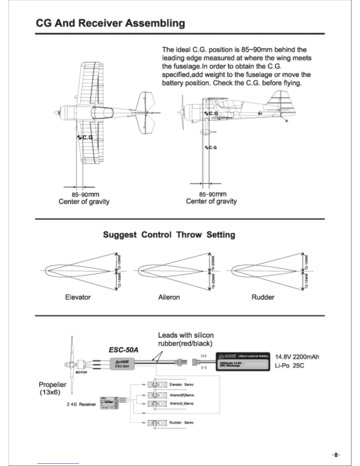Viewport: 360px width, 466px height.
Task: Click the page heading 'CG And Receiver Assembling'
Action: (x=110, y=23)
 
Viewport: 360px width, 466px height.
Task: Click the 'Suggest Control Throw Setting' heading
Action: (x=169, y=235)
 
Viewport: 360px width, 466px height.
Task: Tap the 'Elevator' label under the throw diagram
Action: (x=78, y=297)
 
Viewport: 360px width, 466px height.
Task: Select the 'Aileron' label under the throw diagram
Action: (x=169, y=297)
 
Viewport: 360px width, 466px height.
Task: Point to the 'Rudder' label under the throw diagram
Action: (x=263, y=297)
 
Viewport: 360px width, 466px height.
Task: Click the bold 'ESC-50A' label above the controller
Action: (x=123, y=350)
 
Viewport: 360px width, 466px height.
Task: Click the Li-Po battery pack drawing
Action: (x=243, y=362)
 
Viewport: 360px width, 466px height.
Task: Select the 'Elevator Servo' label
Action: (x=181, y=385)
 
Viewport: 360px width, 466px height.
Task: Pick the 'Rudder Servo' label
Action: (x=181, y=422)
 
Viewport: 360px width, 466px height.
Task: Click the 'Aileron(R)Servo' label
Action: (x=182, y=395)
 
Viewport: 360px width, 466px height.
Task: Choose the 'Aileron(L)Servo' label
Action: (x=181, y=403)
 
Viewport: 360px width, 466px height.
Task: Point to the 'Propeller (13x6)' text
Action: (x=52, y=388)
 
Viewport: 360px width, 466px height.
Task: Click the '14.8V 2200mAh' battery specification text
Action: (x=297, y=357)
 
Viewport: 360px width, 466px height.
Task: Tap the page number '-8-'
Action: (x=336, y=455)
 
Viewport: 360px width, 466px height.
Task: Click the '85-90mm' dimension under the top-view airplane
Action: (x=85, y=194)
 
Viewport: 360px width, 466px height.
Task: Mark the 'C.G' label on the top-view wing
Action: (x=87, y=137)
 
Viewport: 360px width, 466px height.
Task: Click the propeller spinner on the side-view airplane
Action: (x=179, y=112)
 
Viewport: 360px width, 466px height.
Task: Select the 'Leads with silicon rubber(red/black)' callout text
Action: (x=186, y=339)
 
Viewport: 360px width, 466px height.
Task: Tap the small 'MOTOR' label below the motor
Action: (x=81, y=372)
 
